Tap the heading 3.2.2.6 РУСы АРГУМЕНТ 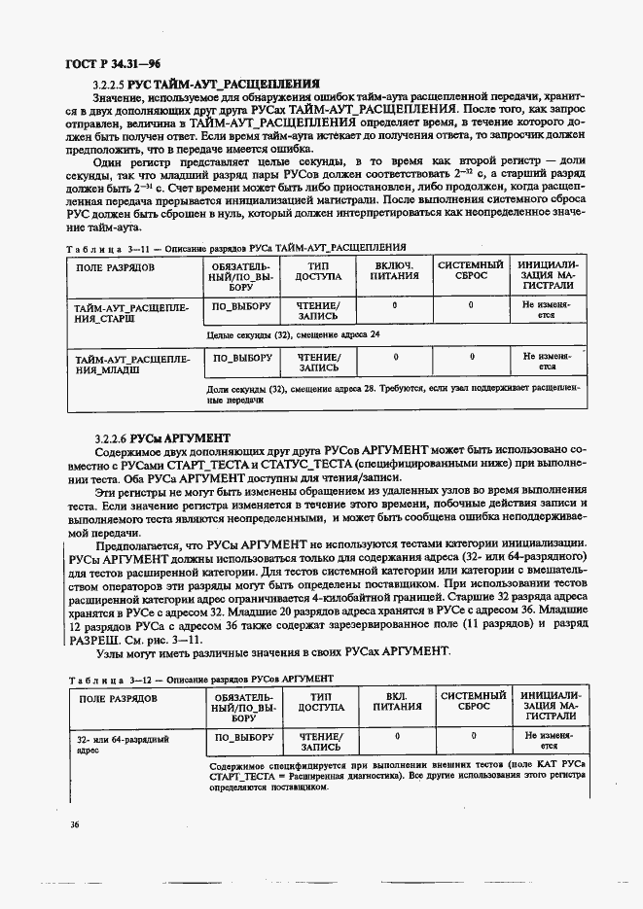point(161,438)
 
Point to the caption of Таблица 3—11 point(234,247)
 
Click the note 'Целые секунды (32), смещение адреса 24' point(294,334)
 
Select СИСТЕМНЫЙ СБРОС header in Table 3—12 point(473,703)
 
